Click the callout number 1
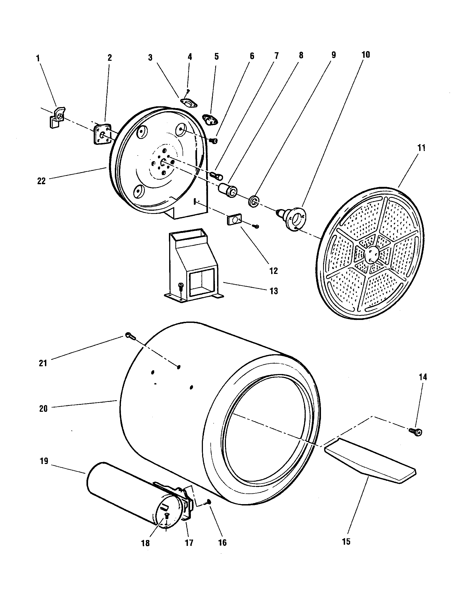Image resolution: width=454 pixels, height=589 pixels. click(38, 58)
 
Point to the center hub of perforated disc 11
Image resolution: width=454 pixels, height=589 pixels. click(372, 254)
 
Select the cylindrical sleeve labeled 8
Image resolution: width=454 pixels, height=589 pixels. click(228, 190)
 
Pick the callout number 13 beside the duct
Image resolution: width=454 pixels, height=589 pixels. click(274, 291)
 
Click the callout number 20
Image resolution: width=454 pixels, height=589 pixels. click(43, 409)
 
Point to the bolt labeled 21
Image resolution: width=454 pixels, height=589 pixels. click(129, 335)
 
